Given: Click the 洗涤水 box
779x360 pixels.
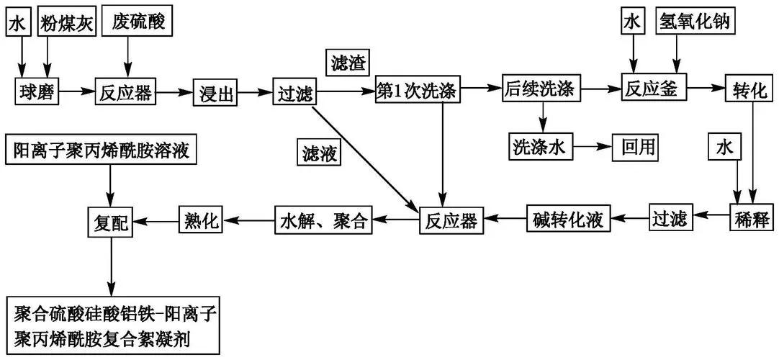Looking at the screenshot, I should pos(541,146).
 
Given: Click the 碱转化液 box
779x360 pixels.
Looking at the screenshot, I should pos(569,217).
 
